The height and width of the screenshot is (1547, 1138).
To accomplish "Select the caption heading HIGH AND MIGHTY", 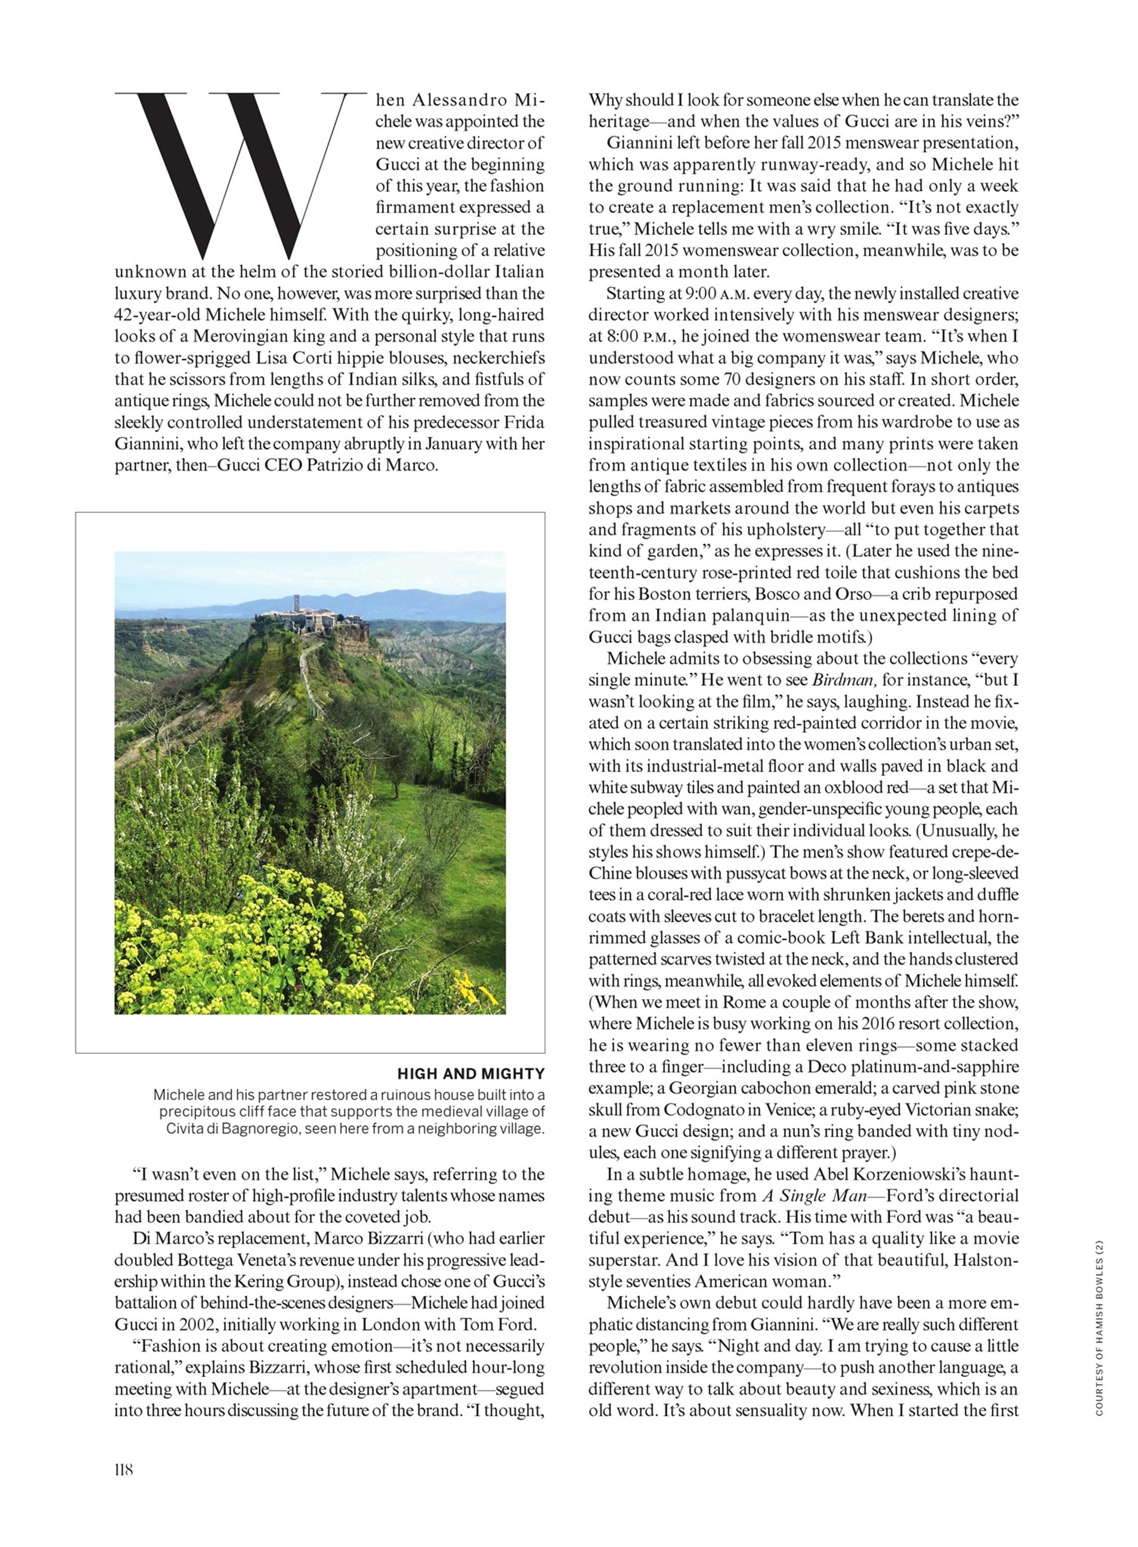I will [471, 1073].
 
